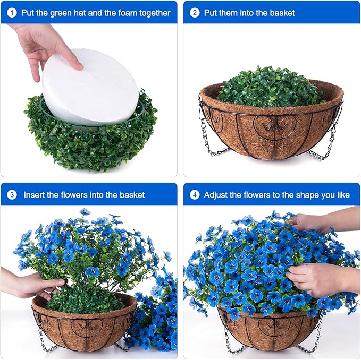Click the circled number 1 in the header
coord(12,12)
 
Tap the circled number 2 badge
coord(195,12)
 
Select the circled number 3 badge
coord(12,195)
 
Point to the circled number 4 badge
coord(195,195)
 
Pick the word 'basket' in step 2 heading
coord(281,12)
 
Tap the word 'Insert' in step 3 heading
coord(35,195)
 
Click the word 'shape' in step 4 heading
coord(299,195)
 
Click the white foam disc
coord(90,88)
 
